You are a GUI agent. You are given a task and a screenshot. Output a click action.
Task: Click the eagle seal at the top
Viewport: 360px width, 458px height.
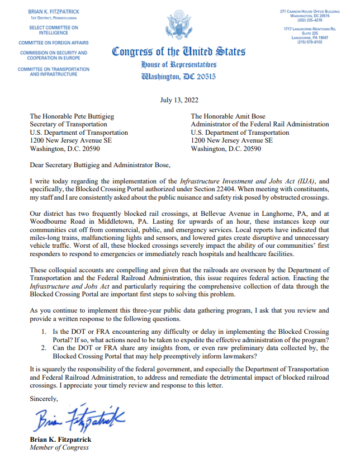pos(179,25)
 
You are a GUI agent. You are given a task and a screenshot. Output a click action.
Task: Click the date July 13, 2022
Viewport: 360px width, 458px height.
pos(179,101)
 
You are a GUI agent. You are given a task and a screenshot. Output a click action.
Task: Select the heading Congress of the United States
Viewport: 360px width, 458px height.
pos(179,52)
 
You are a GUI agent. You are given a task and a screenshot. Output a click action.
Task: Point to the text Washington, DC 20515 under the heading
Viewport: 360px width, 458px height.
pos(179,77)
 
